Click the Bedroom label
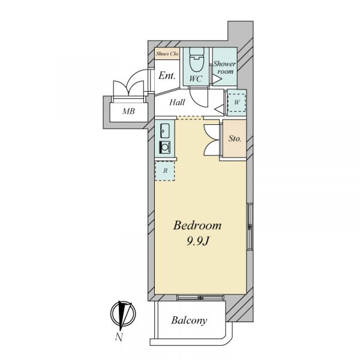[x=197, y=225]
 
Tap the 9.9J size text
[x=198, y=241]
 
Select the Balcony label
[x=189, y=320]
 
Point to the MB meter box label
[x=128, y=112]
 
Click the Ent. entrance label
[x=167, y=76]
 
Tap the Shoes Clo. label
[x=167, y=54]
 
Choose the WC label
[x=196, y=79]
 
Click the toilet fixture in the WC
[x=197, y=59]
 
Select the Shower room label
[x=225, y=67]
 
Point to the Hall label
[x=177, y=102]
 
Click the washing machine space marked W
[x=236, y=103]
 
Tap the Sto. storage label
[x=235, y=139]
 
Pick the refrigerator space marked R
[x=165, y=171]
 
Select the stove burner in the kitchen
[x=165, y=147]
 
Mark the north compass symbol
[x=123, y=313]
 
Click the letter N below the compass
[x=119, y=337]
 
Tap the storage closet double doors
[x=212, y=140]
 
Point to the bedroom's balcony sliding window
[x=200, y=298]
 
